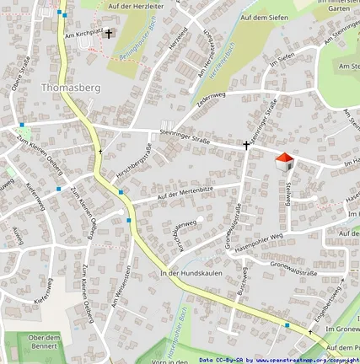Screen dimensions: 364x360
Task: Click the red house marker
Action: (x=285, y=160)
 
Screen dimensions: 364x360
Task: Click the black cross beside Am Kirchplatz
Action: (x=109, y=35)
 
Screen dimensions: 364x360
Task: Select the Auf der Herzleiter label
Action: (x=137, y=6)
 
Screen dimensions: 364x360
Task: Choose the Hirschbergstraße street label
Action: (x=135, y=161)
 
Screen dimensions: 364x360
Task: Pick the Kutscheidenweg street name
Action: (x=185, y=232)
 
